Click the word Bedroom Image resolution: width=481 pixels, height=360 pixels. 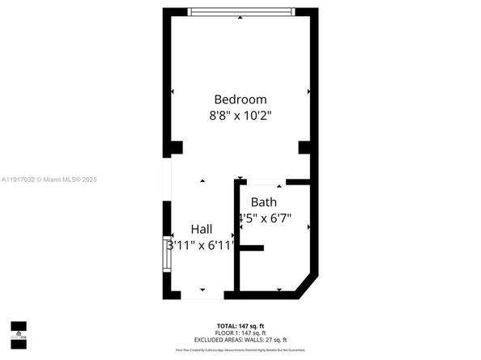(240, 100)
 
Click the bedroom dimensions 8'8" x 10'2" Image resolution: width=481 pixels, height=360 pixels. (240, 116)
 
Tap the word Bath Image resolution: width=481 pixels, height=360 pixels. (263, 202)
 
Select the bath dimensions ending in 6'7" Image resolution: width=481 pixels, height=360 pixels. (265, 218)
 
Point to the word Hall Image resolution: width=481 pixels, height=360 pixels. (202, 229)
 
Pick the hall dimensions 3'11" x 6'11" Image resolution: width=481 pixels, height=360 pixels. (201, 244)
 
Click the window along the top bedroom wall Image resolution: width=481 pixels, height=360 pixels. (240, 12)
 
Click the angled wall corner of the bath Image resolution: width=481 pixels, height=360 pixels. (306, 285)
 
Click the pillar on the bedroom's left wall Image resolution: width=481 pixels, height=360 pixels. (174, 147)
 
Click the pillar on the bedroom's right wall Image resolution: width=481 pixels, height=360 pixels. (304, 147)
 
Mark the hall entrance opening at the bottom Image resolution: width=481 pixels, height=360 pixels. (202, 295)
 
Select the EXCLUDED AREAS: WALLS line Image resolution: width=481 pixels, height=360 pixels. (240, 340)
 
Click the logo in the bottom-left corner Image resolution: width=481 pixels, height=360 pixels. (17, 328)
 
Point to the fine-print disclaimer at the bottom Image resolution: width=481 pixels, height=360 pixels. (240, 349)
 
